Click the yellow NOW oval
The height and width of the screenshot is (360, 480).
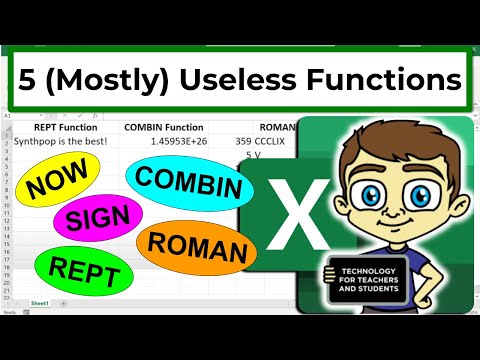[56, 186]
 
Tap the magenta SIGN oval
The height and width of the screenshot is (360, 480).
[98, 222]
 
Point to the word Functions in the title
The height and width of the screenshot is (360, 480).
[385, 78]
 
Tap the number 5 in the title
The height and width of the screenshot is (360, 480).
[34, 78]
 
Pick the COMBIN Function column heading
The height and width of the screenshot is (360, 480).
[163, 127]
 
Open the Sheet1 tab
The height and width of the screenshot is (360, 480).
[41, 301]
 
